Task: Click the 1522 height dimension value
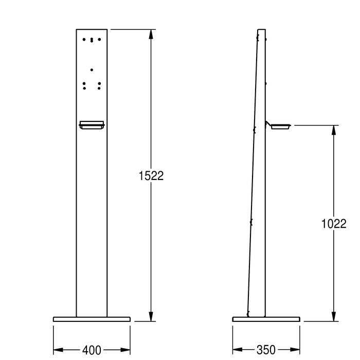pos(151,176)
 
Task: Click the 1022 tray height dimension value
pos(334,224)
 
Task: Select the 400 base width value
pos(92,350)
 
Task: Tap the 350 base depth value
pos(265,350)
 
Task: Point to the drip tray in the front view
pos(92,124)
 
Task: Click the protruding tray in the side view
pos(281,125)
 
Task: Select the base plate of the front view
pos(92,319)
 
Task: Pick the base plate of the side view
pos(265,319)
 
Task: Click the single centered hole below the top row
pos(92,69)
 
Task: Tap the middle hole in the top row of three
pos(92,40)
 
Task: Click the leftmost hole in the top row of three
pos(84,39)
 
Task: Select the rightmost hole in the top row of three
pos(99,39)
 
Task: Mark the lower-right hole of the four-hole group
pos(99,88)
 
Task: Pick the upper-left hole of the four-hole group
pos(84,82)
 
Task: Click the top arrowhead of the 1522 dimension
pos(151,34)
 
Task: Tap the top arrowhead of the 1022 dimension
pos(334,130)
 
